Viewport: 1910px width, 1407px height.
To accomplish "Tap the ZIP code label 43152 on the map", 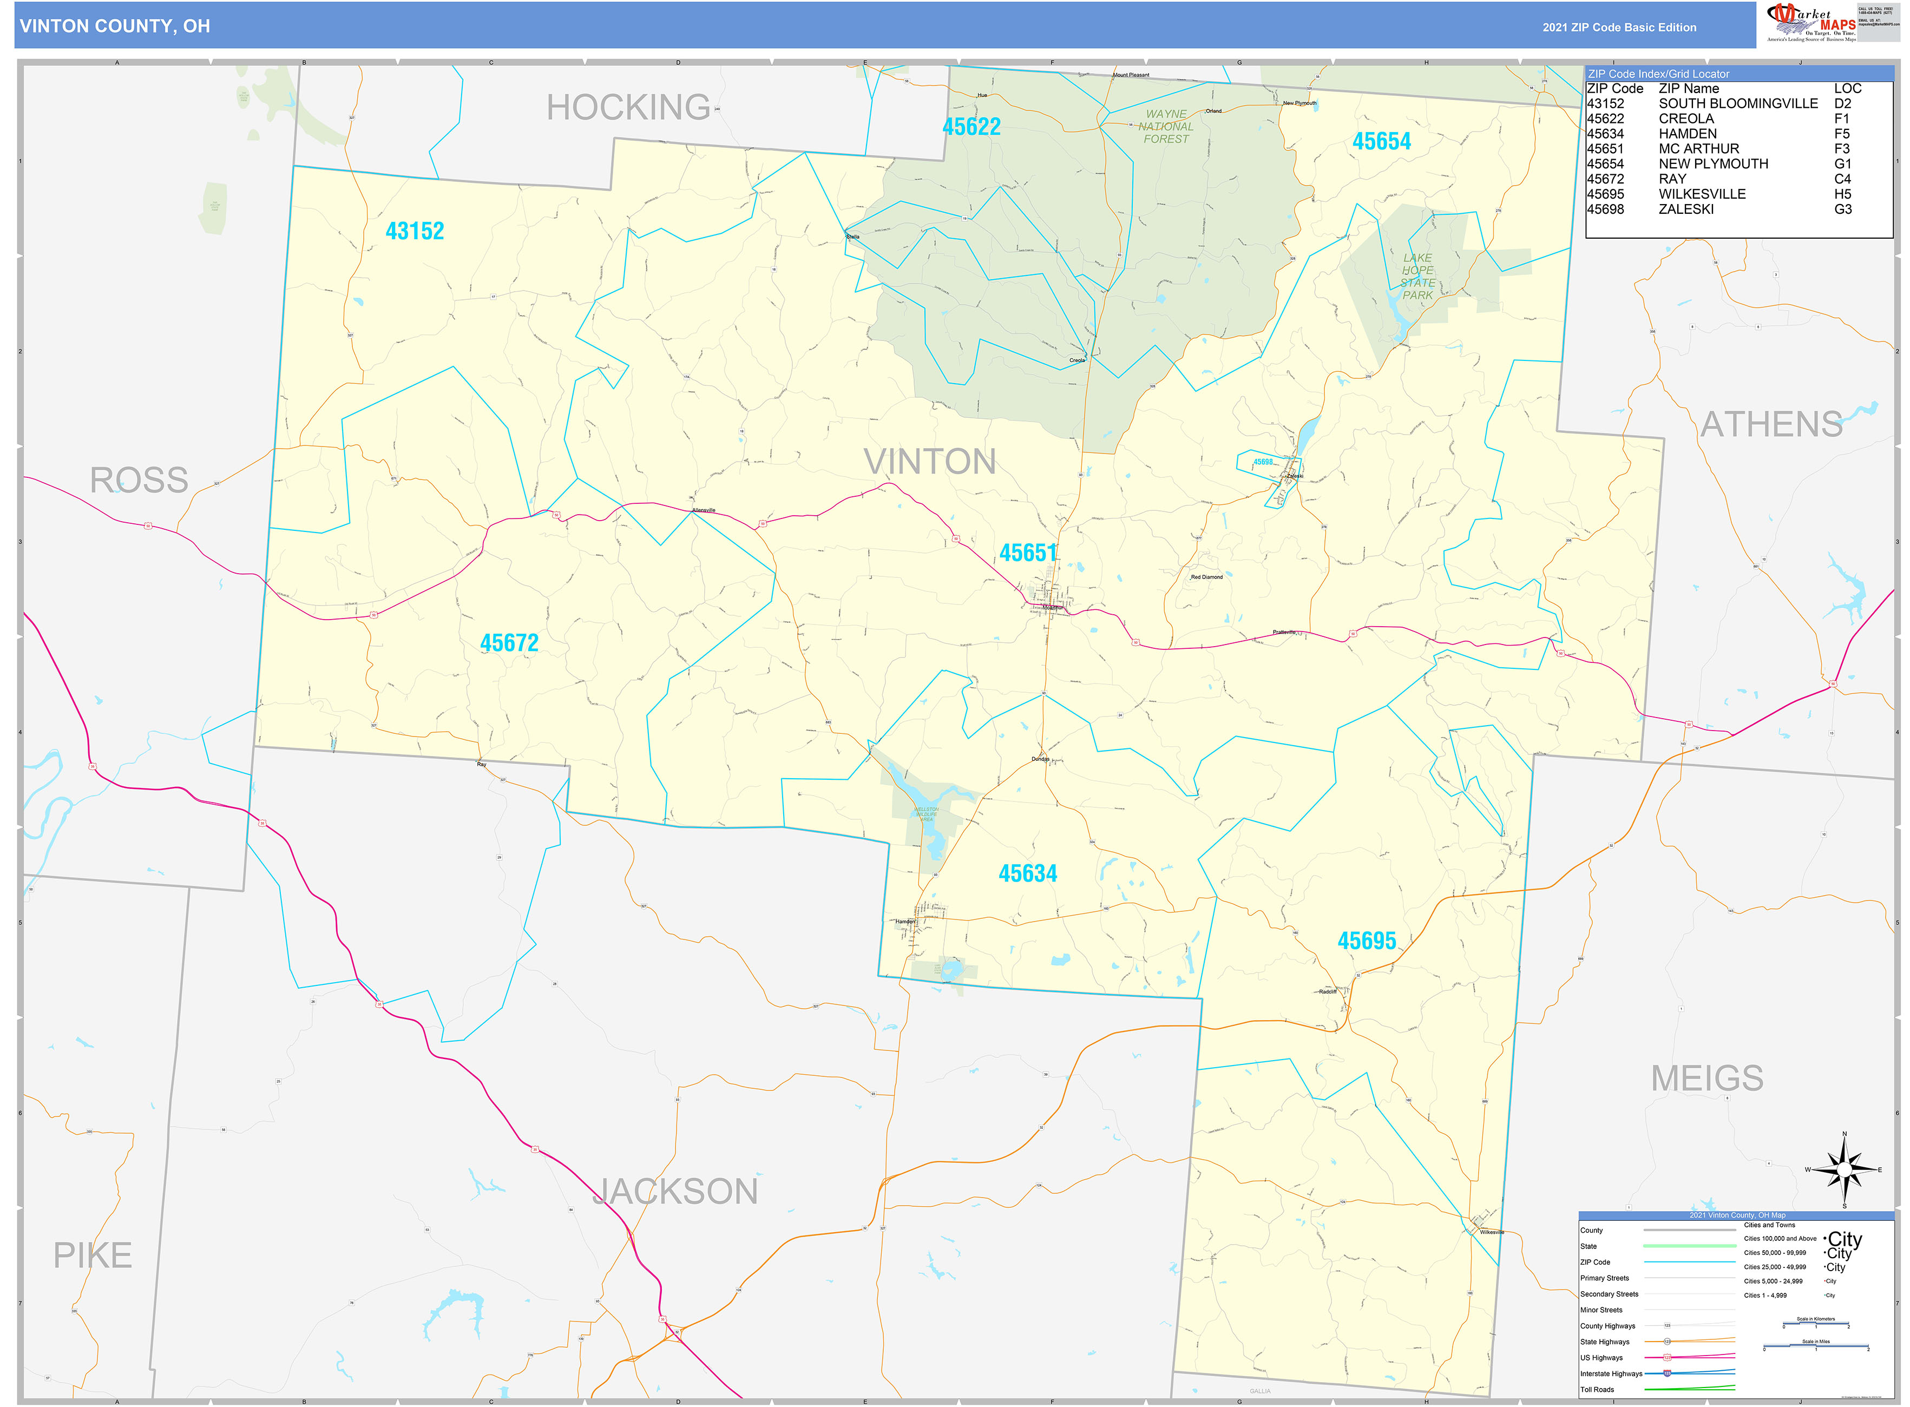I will click(415, 231).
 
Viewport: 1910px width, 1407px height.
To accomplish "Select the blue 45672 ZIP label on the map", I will click(509, 643).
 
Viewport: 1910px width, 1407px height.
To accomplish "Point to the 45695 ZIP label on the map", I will click(1367, 941).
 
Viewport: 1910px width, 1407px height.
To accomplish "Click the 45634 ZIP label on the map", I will click(1027, 873).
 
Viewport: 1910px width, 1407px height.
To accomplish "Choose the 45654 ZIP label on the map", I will click(1381, 141).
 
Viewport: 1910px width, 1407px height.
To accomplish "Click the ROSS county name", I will click(139, 481).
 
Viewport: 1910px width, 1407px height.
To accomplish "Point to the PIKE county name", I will click(93, 1255).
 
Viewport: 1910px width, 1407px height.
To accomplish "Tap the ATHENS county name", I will click(1771, 424).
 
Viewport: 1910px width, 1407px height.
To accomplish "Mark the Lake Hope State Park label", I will click(1417, 276).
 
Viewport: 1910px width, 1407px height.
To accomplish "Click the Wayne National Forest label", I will click(1165, 126).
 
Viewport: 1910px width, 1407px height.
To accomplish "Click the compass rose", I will click(1843, 1169).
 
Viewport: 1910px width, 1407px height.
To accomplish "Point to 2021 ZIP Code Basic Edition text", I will click(1619, 27).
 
